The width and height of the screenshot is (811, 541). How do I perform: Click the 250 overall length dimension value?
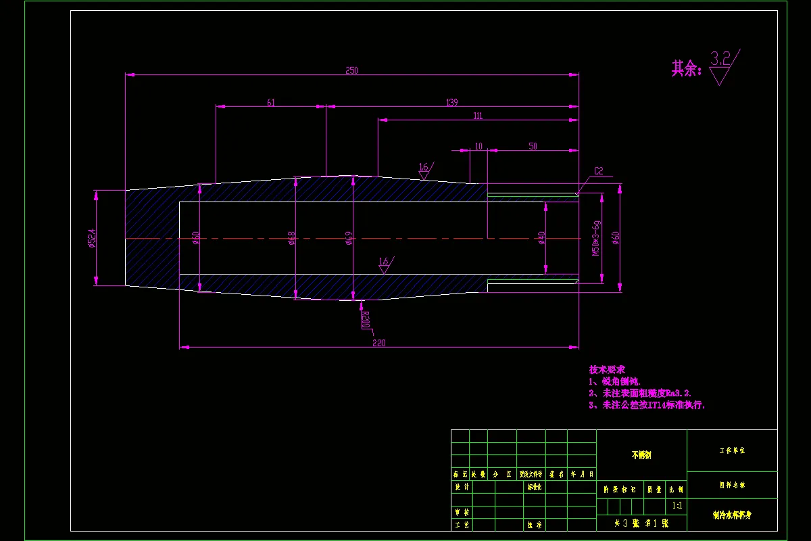pos(351,70)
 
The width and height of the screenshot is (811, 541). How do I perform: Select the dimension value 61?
pos(271,103)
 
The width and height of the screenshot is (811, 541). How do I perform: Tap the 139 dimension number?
pos(452,103)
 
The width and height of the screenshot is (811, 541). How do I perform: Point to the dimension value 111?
pos(478,116)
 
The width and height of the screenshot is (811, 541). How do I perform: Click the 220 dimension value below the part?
pos(378,343)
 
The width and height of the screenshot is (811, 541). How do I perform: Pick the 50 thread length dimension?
pos(533,146)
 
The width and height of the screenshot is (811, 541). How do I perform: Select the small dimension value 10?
pos(478,146)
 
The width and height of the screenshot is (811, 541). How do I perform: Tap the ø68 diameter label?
pos(292,238)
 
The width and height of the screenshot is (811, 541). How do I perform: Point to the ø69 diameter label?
pos(349,238)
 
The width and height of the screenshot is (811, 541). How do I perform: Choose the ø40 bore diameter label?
pos(541,238)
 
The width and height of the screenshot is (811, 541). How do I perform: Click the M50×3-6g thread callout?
pos(596,238)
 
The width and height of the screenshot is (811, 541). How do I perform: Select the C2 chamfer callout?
pos(598,171)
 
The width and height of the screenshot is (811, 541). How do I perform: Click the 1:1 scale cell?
pos(677,505)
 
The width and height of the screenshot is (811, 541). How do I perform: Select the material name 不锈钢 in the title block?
pos(641,455)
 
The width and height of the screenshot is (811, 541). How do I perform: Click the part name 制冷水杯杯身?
pos(732,515)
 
